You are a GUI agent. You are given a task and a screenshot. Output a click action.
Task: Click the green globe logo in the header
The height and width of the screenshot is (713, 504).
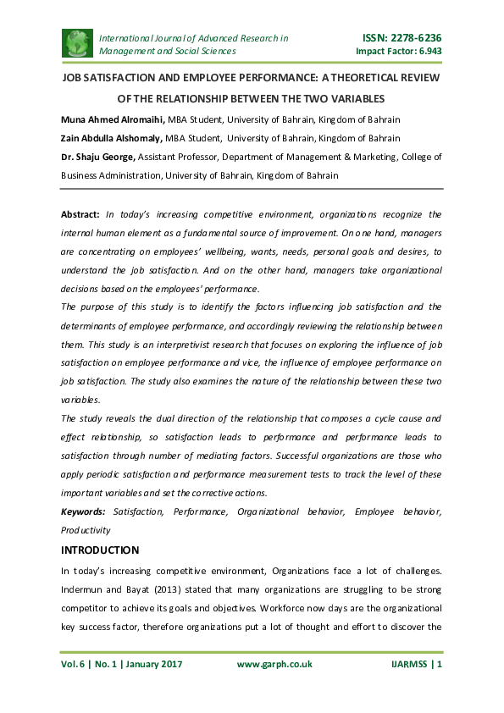click(x=78, y=43)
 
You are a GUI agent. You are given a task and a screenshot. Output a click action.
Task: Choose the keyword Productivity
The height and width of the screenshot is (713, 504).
click(x=86, y=530)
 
